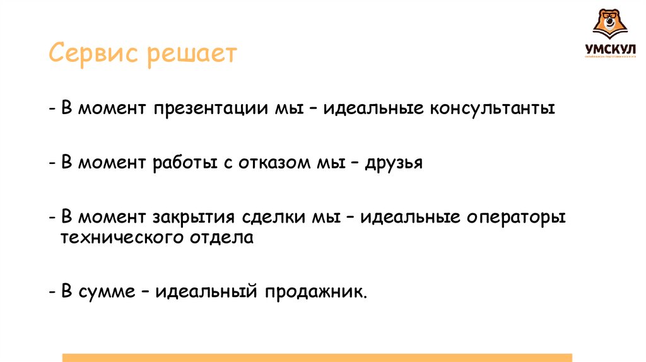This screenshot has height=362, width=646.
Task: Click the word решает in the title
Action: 192,55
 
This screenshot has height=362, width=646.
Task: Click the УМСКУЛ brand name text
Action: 609,49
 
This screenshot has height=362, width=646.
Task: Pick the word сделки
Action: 269,218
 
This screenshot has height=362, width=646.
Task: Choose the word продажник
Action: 315,293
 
